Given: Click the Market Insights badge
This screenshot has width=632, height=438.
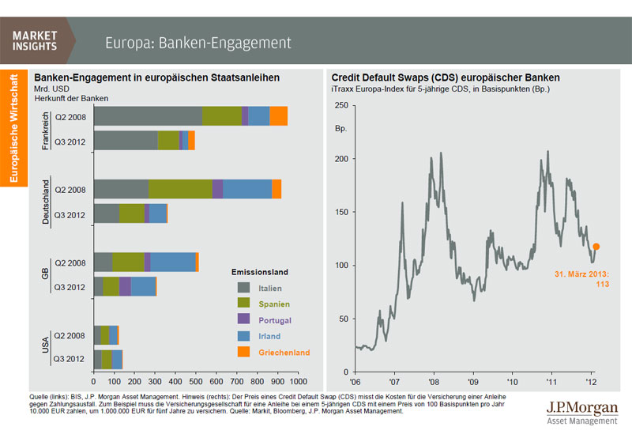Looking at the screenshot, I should (x=36, y=40).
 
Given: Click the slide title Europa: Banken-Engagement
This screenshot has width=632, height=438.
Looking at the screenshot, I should (x=198, y=42).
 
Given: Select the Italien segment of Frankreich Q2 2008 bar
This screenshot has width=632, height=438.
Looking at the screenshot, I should (x=148, y=115).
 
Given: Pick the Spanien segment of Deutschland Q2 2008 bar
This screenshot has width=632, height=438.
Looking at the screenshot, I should (x=180, y=189).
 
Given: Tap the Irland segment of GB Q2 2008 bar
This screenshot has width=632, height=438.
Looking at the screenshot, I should (x=173, y=262).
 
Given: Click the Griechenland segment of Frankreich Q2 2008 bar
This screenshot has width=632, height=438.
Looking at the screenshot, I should (x=278, y=115).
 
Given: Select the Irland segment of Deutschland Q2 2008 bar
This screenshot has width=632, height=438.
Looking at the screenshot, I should (x=247, y=189).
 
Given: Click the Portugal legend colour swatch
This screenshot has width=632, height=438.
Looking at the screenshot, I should (x=243, y=320).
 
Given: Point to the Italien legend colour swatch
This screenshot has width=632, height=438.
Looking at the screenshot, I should (x=243, y=288).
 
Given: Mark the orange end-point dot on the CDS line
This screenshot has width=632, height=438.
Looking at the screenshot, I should (x=596, y=247).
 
